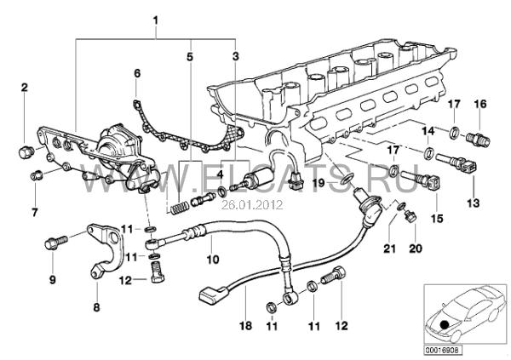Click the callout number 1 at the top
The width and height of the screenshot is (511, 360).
156,20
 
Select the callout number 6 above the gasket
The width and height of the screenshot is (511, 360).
137,73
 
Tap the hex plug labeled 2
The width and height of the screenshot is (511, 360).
25,151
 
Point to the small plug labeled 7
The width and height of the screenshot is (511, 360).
35,176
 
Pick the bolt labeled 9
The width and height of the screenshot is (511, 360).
55,242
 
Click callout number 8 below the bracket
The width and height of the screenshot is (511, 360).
96,307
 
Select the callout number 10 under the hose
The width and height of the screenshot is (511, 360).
213,260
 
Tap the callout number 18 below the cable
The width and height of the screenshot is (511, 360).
246,325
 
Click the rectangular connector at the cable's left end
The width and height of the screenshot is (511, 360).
212,294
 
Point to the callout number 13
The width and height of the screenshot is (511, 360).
474,203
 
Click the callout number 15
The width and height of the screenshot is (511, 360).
437,218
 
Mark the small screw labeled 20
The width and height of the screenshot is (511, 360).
409,217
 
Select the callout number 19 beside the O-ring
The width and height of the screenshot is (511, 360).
319,183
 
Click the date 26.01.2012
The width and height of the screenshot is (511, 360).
251,205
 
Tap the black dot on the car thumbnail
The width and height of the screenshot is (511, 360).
444,325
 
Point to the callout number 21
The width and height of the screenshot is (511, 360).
389,249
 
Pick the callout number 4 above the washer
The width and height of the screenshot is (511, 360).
221,174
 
